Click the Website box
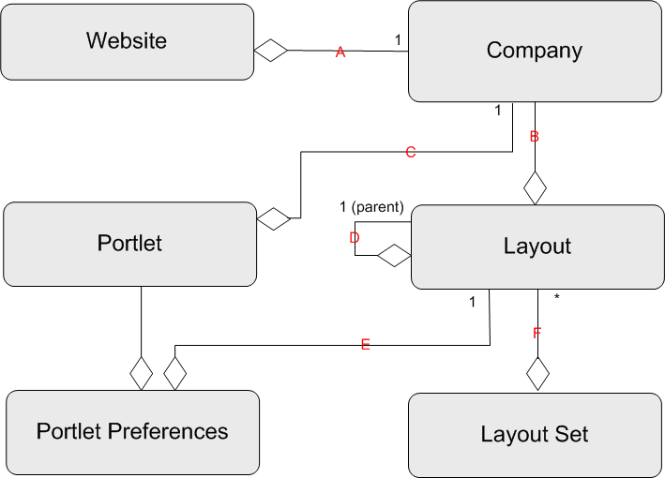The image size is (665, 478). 127,41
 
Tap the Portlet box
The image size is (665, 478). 129,244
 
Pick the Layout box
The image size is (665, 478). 537,247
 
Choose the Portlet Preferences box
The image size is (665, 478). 132,432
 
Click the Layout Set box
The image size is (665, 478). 535,435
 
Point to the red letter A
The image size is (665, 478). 340,53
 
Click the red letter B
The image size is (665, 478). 535,137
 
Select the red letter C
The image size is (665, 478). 410,152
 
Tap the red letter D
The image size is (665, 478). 355,238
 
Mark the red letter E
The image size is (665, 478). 366,345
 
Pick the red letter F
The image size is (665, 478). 537,333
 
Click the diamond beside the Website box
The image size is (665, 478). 271,51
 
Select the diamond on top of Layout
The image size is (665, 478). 535,187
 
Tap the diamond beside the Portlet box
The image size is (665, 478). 275,219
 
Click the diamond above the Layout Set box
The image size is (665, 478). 537,373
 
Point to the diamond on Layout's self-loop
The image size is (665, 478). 394,254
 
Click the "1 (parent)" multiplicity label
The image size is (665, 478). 371,207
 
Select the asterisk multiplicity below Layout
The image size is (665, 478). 557,298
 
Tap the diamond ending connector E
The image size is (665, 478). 174,373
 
